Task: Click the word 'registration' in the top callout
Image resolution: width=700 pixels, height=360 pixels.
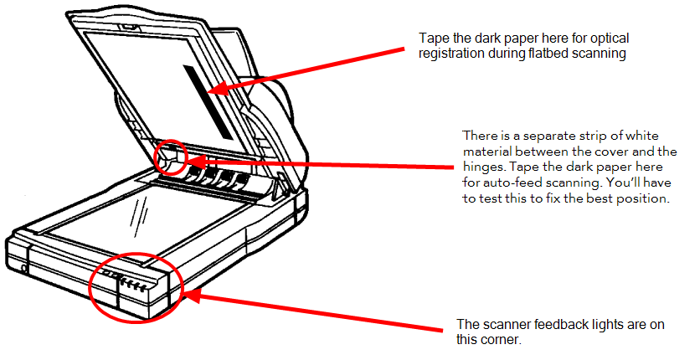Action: [451, 53]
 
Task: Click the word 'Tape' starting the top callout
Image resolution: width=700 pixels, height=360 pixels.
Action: [433, 39]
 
